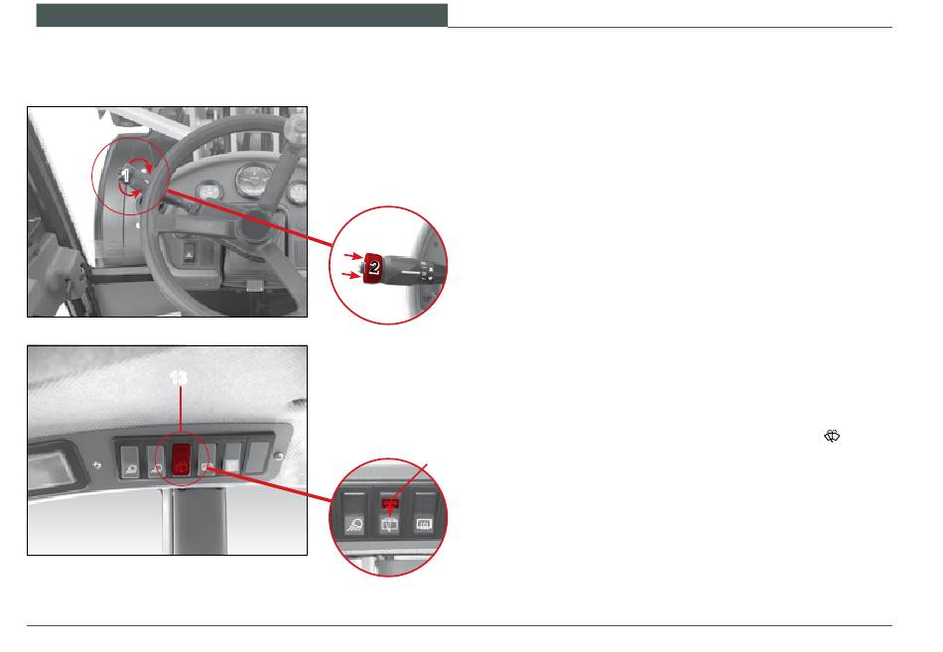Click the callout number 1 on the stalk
click(x=125, y=176)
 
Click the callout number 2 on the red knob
click(x=374, y=266)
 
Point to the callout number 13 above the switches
click(x=179, y=378)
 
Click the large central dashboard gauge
click(x=254, y=181)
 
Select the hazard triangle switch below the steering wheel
click(x=189, y=255)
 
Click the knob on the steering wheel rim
click(x=295, y=126)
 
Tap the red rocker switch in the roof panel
click(x=182, y=460)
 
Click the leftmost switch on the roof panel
click(x=130, y=461)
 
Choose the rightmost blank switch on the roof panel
click(x=259, y=457)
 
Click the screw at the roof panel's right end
click(x=279, y=456)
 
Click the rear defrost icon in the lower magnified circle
click(x=425, y=525)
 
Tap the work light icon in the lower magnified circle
click(x=354, y=525)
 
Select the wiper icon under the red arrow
click(x=390, y=525)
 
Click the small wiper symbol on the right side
click(x=832, y=436)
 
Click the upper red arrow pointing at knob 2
click(x=353, y=256)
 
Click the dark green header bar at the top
click(x=242, y=15)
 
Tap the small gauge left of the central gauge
click(x=209, y=192)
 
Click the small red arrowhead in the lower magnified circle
click(x=391, y=511)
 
